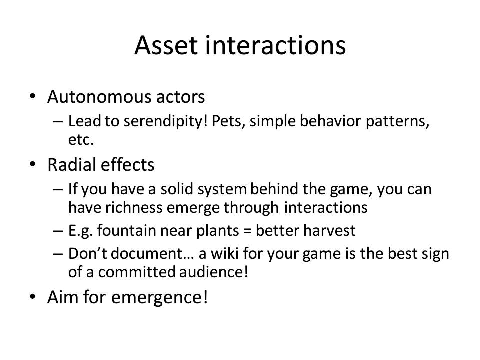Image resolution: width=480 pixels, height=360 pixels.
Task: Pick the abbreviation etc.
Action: point(81,140)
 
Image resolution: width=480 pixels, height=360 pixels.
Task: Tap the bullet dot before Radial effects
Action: point(33,164)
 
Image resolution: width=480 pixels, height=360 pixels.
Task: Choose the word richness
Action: point(134,207)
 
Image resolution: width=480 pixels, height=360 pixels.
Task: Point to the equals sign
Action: point(247,231)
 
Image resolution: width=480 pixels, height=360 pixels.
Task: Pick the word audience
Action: point(213,272)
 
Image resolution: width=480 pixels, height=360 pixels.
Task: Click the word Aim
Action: point(63,297)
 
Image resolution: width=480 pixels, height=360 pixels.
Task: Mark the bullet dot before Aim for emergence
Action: point(33,297)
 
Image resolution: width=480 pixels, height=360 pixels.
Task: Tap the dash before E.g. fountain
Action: point(58,231)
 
